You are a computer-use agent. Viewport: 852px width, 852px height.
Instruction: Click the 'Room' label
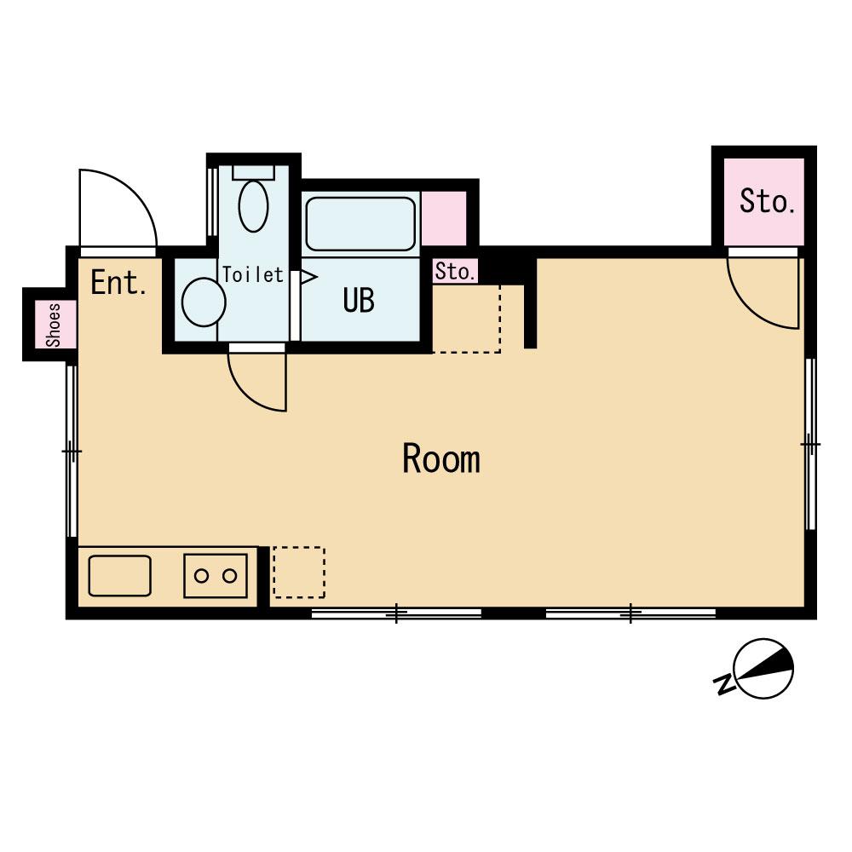coord(441,459)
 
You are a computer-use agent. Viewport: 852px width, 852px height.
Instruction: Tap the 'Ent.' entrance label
coord(118,283)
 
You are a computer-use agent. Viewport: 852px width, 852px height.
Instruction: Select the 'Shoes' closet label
coord(53,325)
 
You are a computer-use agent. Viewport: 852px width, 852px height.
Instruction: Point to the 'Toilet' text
coord(253,275)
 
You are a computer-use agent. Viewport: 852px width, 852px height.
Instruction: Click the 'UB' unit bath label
coord(359,300)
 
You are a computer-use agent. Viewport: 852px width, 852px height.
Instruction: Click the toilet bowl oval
coord(253,206)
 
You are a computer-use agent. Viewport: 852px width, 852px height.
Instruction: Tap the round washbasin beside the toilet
coord(204,302)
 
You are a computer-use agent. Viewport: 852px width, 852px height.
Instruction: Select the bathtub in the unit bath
coord(360,223)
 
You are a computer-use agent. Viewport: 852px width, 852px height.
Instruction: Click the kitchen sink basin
coord(119,575)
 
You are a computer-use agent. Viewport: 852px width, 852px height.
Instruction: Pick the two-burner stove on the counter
coord(216,575)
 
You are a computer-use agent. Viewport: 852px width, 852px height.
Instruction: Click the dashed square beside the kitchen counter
coord(299,573)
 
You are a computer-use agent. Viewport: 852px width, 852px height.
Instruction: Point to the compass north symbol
coord(763,668)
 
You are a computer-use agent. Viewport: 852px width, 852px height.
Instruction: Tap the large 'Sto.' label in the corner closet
coord(768,201)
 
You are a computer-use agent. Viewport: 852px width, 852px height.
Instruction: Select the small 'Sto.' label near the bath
coord(455,271)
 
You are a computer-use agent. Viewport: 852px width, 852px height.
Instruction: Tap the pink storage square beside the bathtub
coord(444,218)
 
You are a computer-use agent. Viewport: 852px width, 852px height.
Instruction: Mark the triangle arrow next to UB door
coord(308,277)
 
